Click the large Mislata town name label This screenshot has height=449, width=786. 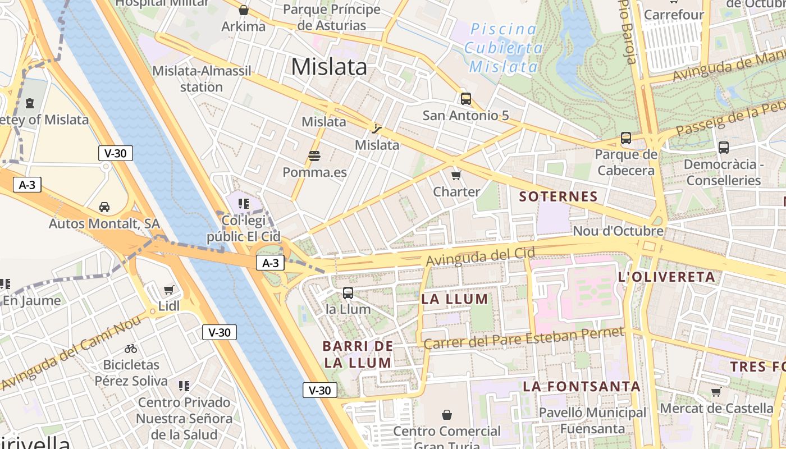(329, 67)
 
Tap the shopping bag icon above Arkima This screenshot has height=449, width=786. (244, 10)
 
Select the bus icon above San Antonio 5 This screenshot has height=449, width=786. (465, 99)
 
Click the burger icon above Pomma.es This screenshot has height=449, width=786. (314, 155)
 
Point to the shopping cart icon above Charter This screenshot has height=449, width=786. (456, 175)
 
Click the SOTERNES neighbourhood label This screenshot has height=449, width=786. (558, 196)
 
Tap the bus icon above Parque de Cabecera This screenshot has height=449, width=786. (626, 138)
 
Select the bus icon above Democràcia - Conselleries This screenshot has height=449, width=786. (724, 148)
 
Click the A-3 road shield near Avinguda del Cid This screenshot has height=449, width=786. (271, 263)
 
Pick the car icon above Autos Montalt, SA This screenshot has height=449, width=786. (104, 207)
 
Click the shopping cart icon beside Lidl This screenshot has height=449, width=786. (168, 290)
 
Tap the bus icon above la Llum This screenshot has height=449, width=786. (348, 293)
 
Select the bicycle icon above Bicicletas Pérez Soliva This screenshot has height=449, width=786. (131, 349)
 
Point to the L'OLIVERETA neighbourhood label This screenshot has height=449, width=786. (666, 277)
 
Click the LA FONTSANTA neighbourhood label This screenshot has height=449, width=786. (582, 386)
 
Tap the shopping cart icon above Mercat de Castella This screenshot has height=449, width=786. (716, 392)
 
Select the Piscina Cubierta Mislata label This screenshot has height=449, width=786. (504, 48)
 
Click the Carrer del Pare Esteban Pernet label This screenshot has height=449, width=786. (523, 338)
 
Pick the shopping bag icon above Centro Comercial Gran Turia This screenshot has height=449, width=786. (447, 415)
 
